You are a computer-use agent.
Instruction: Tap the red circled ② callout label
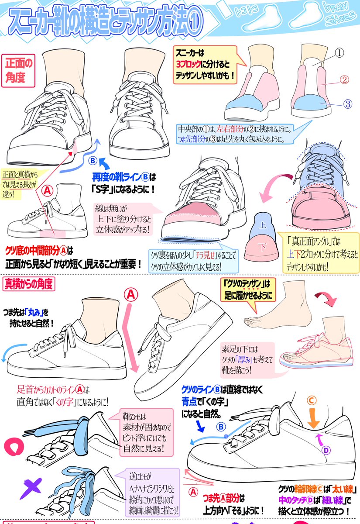point(343,80)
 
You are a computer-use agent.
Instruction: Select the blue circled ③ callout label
point(347,104)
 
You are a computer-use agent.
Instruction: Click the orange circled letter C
point(312,400)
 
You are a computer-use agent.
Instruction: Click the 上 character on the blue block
point(262,227)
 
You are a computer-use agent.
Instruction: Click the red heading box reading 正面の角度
point(19,70)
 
